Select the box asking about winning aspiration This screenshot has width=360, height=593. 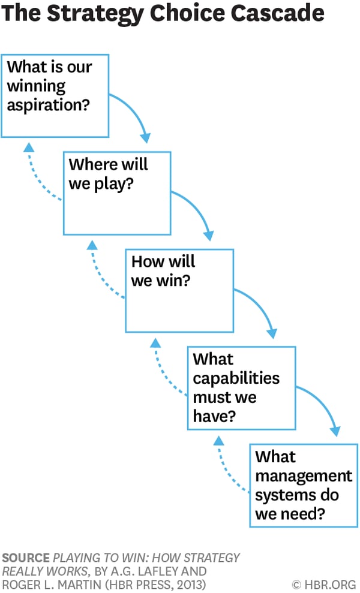click(55, 96)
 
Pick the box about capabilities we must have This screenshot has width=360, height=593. click(241, 387)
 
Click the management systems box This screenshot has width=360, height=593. click(303, 485)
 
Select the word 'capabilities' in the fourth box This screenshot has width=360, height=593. click(236, 378)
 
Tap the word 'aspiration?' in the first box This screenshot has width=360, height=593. click(47, 105)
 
